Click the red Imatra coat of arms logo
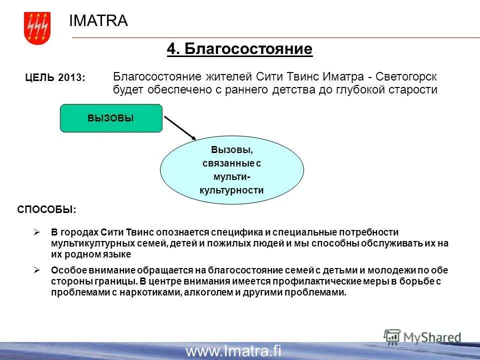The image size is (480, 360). point(37,28)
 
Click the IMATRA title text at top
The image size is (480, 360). point(98,20)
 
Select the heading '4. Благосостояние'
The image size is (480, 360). point(239,49)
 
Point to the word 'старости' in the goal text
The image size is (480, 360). point(416,90)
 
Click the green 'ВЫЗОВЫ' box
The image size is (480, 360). point(111,118)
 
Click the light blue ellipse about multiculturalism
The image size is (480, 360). point(231,170)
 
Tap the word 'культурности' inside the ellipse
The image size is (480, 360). point(231,190)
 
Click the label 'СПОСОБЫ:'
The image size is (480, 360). point(47,209)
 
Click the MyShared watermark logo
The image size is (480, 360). point(422,337)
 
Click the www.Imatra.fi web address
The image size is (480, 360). point(233,351)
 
